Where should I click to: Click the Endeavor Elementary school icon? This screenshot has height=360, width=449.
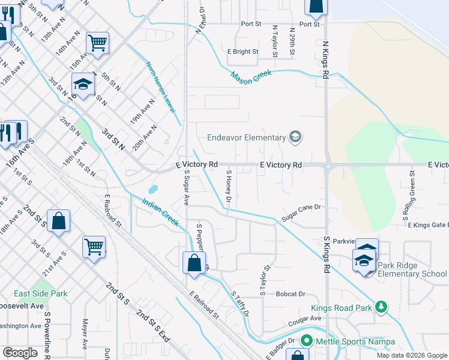[295, 137]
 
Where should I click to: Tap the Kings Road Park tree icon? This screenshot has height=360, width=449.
[380, 307]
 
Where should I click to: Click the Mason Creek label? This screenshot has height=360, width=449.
[252, 75]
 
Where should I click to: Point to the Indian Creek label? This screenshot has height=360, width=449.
[161, 212]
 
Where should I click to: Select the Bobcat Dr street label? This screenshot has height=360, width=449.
[291, 294]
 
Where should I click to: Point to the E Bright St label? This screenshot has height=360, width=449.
[243, 52]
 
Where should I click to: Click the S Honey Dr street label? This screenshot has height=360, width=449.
[229, 185]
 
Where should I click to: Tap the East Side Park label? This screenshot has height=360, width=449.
[41, 293]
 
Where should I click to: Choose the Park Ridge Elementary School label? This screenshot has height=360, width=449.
[412, 274]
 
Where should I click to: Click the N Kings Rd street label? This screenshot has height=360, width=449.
[326, 60]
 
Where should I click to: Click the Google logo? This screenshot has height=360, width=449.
[20, 353]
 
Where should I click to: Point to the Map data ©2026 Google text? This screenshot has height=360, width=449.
[411, 355]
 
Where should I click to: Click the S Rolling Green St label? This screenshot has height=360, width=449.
[412, 188]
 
